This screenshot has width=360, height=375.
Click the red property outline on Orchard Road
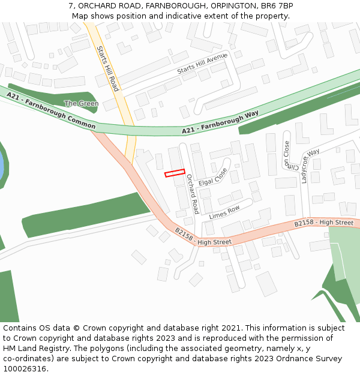click(175, 173)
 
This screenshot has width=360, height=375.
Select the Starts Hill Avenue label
click(202, 64)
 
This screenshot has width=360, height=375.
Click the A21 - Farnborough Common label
click(51, 110)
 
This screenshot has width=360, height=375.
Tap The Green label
click(81, 103)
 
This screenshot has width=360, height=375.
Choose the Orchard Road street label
click(192, 194)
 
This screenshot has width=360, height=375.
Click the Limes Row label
click(224, 212)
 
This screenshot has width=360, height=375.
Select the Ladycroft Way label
click(310, 166)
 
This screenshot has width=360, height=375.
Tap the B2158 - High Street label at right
click(323, 223)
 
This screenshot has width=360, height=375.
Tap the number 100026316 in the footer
click(25, 369)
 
